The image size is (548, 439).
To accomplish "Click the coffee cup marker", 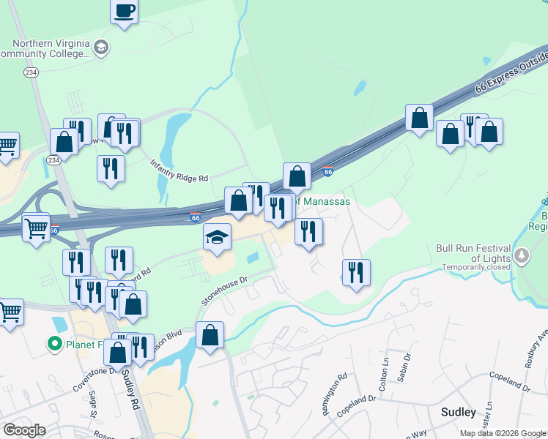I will click(x=125, y=12).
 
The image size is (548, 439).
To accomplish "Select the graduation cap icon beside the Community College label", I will click(x=101, y=48).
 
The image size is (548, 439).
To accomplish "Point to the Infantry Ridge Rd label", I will click(x=180, y=172).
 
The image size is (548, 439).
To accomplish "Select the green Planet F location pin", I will click(x=53, y=342).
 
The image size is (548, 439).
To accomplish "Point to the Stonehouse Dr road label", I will click(x=226, y=290).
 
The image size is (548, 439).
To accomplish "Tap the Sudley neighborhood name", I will click(x=459, y=413).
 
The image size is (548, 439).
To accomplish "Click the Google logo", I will click(x=24, y=430).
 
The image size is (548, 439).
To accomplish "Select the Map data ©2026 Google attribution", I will click(x=503, y=433).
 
